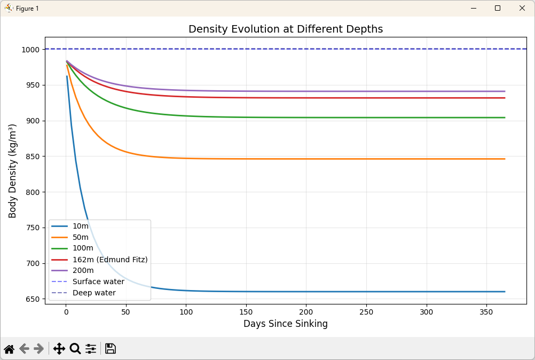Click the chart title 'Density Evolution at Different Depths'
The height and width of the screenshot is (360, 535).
286,29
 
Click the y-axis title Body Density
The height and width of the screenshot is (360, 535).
13,171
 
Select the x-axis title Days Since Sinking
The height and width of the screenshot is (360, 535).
286,324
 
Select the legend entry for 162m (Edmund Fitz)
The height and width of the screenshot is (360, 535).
109,260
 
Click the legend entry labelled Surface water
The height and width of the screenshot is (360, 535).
98,281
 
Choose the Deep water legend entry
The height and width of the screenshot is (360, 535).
94,293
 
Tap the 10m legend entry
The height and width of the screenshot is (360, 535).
80,226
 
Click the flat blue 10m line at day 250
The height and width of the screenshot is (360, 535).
366,292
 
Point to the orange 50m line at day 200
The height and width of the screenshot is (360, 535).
306,159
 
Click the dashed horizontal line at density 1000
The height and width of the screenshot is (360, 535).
320,49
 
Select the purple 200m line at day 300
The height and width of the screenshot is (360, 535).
426,91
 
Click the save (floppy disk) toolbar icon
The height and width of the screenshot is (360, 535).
111,349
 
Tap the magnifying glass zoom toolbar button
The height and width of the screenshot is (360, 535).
75,349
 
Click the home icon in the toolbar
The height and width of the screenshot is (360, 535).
9,349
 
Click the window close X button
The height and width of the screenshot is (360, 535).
522,8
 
